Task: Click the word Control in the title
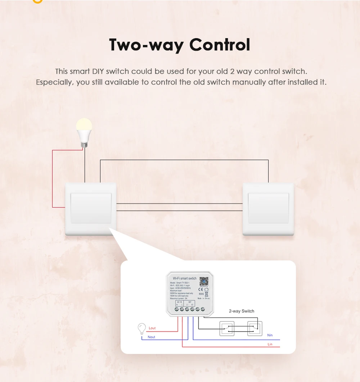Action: click(220, 45)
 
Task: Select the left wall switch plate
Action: click(91, 208)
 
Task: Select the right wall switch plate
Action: click(268, 208)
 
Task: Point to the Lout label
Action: click(152, 328)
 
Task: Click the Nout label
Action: click(152, 337)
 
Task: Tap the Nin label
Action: click(270, 335)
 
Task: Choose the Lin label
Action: click(270, 344)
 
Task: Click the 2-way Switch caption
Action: click(242, 311)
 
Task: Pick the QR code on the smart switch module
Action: click(204, 281)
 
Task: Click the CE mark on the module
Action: click(201, 289)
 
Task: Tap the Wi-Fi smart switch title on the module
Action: click(184, 278)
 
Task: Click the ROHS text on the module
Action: click(201, 294)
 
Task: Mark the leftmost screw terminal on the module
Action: click(177, 309)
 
